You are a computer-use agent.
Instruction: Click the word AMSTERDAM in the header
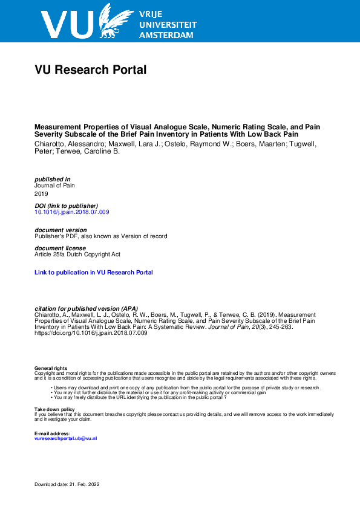pyautogui.click(x=166, y=35)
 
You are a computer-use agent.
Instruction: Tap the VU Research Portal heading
pyautogui.click(x=91, y=70)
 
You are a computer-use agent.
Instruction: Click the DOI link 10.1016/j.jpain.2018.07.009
pyautogui.click(x=72, y=212)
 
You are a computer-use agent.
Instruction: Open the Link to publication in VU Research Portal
pyautogui.click(x=94, y=273)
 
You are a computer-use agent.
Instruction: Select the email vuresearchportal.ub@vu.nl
pyautogui.click(x=65, y=438)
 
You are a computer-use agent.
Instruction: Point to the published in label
pyautogui.click(x=53, y=179)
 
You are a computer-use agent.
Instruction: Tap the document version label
pyautogui.click(x=61, y=230)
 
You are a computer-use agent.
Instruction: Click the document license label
pyautogui.click(x=61, y=248)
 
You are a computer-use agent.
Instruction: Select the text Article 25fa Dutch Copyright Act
pyautogui.click(x=77, y=254)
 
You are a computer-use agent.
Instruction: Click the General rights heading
pyautogui.click(x=51, y=368)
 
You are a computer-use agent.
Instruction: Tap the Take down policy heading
pyautogui.click(x=54, y=409)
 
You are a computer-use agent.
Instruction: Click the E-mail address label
pyautogui.click(x=53, y=433)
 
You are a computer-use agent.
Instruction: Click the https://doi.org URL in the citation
pyautogui.click(x=91, y=333)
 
